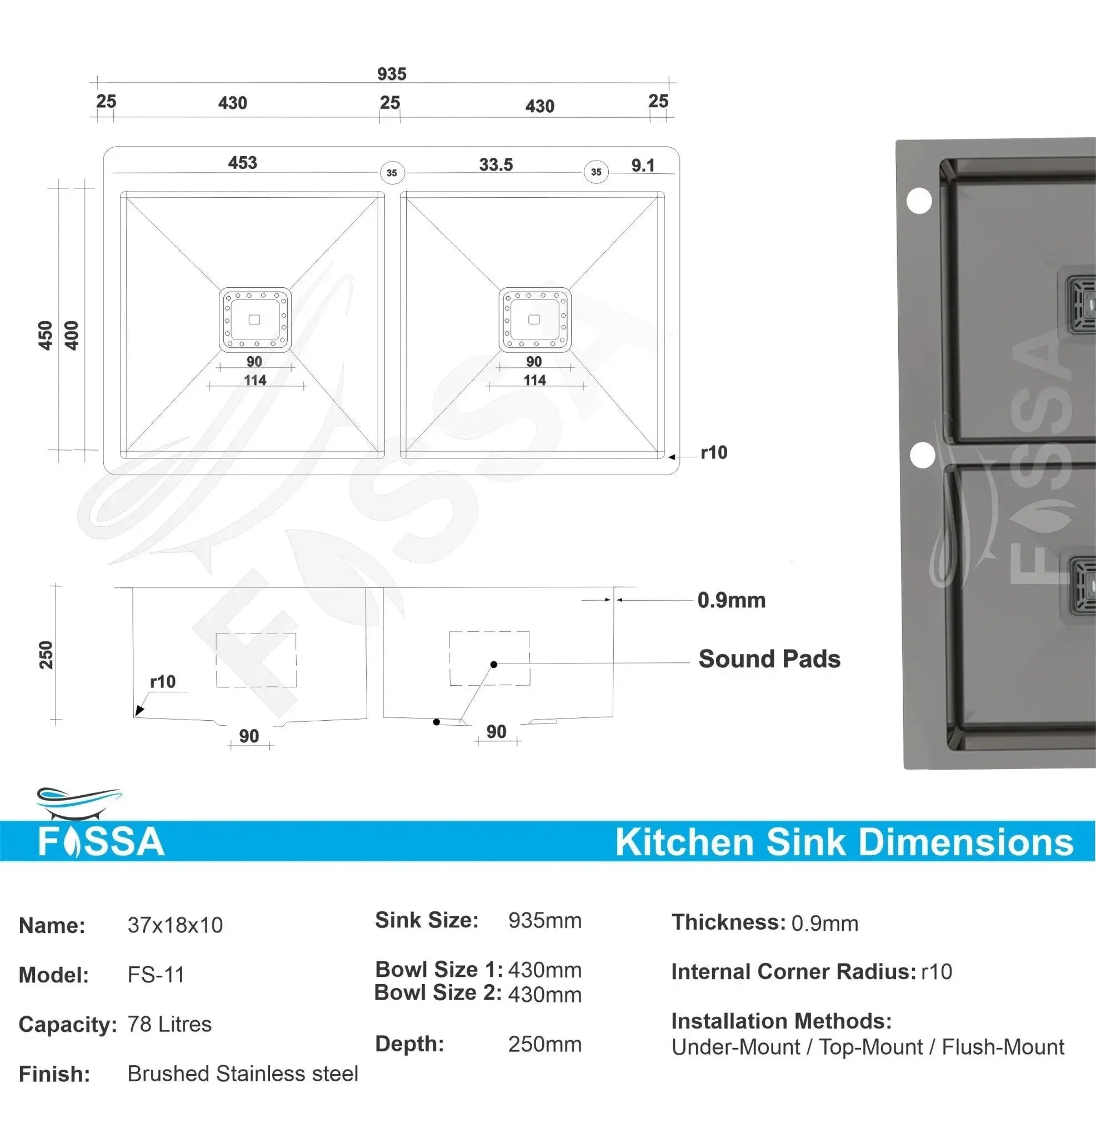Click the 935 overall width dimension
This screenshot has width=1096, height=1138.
coord(392,74)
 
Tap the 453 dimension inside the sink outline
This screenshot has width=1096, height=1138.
coord(242,163)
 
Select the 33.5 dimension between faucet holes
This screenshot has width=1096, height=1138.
coord(496,164)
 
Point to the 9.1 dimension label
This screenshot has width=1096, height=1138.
coord(643,166)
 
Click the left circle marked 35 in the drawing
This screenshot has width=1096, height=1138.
coord(392,172)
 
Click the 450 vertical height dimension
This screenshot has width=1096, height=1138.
coord(46,336)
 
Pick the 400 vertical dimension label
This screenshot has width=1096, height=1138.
coord(72,336)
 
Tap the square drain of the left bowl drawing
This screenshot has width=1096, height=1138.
coord(255,320)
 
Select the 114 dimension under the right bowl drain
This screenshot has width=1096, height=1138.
coord(534,380)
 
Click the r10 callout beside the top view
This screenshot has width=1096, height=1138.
coord(713,452)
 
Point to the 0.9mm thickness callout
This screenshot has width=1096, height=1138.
coord(732,600)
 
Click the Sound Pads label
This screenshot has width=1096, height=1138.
coord(769,659)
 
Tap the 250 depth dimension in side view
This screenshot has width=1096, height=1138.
coord(46,655)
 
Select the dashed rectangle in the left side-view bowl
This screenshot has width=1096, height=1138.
coord(256,660)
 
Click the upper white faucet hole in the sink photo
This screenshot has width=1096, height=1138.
coord(919,201)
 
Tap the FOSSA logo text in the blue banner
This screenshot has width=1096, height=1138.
coord(102,842)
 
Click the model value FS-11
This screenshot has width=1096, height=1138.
coord(156,975)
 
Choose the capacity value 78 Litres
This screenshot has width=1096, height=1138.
coord(169,1024)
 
